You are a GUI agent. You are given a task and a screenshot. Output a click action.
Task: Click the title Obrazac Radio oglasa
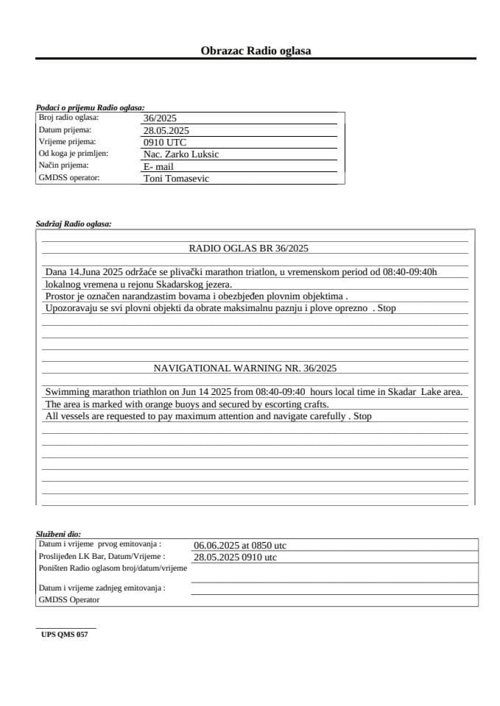pyautogui.click(x=256, y=51)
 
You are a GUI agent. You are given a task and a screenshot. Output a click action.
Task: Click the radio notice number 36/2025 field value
pyautogui.click(x=160, y=118)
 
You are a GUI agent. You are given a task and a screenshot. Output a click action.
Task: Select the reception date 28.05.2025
pyautogui.click(x=166, y=130)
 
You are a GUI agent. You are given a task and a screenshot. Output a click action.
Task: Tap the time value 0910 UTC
pyautogui.click(x=165, y=142)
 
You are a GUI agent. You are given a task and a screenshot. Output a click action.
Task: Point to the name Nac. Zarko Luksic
pyautogui.click(x=180, y=154)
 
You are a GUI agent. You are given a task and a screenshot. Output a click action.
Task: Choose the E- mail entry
pyautogui.click(x=158, y=166)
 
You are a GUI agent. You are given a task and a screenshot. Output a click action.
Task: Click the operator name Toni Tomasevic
pyautogui.click(x=176, y=178)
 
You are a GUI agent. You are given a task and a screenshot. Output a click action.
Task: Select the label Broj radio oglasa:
pyautogui.click(x=68, y=117)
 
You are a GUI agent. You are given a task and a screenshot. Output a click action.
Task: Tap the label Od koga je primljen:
pyautogui.click(x=74, y=153)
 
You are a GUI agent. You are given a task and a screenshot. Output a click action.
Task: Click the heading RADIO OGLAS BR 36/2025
pyautogui.click(x=249, y=248)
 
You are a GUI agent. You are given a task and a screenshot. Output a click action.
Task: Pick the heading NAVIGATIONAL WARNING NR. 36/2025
pyautogui.click(x=244, y=368)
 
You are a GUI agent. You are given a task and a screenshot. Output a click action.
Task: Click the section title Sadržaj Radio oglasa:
pyautogui.click(x=74, y=224)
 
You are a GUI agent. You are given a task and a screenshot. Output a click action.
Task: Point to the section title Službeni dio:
pyautogui.click(x=58, y=533)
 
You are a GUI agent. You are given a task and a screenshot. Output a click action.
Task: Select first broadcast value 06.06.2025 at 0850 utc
pyautogui.click(x=240, y=546)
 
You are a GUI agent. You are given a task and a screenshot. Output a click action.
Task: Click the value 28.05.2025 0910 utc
pyautogui.click(x=235, y=557)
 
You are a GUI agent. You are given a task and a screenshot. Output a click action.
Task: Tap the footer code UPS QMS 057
pyautogui.click(x=65, y=634)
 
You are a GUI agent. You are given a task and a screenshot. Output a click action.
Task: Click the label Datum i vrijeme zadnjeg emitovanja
pyautogui.click(x=102, y=588)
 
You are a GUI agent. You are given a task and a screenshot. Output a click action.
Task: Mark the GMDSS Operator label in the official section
pyautogui.click(x=69, y=599)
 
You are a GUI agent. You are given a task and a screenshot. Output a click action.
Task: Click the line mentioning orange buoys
pyautogui.click(x=186, y=404)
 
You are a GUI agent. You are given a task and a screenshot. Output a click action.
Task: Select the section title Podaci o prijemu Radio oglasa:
pyautogui.click(x=90, y=107)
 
